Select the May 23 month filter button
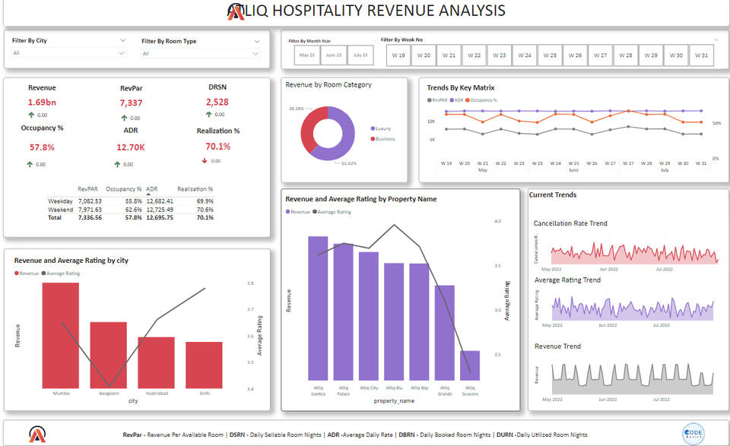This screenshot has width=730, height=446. coord(307,55)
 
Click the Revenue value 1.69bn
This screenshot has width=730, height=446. coord(42,103)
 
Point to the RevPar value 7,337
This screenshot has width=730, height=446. coord(131,103)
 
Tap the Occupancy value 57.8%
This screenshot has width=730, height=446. coord(42,147)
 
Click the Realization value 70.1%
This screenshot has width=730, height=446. coord(217,147)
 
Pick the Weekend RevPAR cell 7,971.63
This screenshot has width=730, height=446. coord(90,210)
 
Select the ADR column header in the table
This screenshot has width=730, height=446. coord(152,188)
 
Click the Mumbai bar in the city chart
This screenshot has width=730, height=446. coord(61,335)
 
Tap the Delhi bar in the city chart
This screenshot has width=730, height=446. coord(204,365)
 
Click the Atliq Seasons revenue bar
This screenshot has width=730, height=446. coord(470,365)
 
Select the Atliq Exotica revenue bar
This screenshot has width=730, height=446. coord(318,308)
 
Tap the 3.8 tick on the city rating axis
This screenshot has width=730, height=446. coord(251,283)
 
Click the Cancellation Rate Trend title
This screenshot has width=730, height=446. coord(570,223)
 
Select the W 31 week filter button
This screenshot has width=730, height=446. coord(700,55)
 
